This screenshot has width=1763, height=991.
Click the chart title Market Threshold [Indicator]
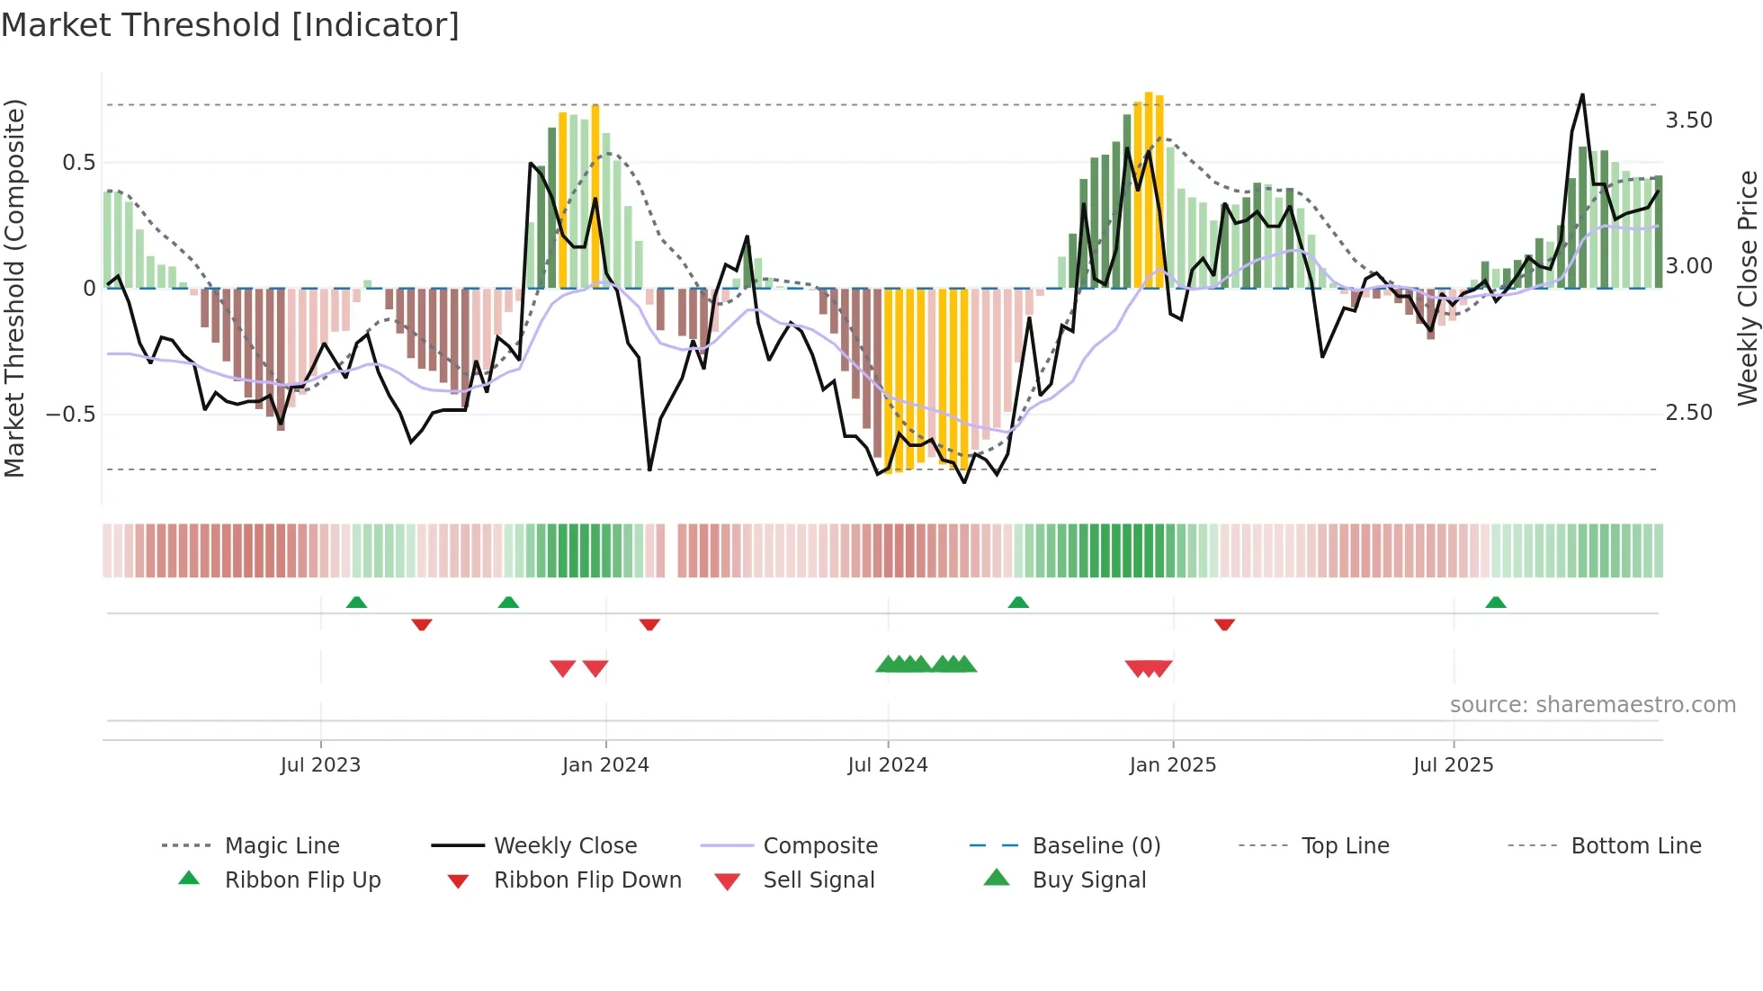pos(230,25)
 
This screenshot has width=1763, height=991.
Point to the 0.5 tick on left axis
pos(78,163)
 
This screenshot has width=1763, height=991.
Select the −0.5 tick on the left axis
pos(70,415)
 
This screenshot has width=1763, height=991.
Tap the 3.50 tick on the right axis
pos(1688,121)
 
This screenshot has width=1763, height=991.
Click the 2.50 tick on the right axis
pos(1688,413)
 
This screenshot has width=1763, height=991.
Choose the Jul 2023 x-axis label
pos(320,765)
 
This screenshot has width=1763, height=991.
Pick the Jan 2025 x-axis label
pos(1172,765)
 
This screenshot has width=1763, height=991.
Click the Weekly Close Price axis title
pos(1747,288)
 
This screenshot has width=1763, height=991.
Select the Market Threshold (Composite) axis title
pos(14,288)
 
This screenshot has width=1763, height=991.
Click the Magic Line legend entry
pos(282,846)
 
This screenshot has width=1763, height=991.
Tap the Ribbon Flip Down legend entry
pos(587,880)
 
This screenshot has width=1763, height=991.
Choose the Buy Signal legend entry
pos(1088,880)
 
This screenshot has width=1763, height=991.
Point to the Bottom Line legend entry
pos(1635,846)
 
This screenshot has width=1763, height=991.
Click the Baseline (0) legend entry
pos(1096,846)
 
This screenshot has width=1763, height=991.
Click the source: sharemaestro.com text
pos(1592,705)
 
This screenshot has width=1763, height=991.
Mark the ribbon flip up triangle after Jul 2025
pos(1495,603)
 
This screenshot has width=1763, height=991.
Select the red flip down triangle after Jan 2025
pos(1224,624)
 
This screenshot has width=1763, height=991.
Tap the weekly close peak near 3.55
pos(1582,95)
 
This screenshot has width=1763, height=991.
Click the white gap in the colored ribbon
pos(671,550)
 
